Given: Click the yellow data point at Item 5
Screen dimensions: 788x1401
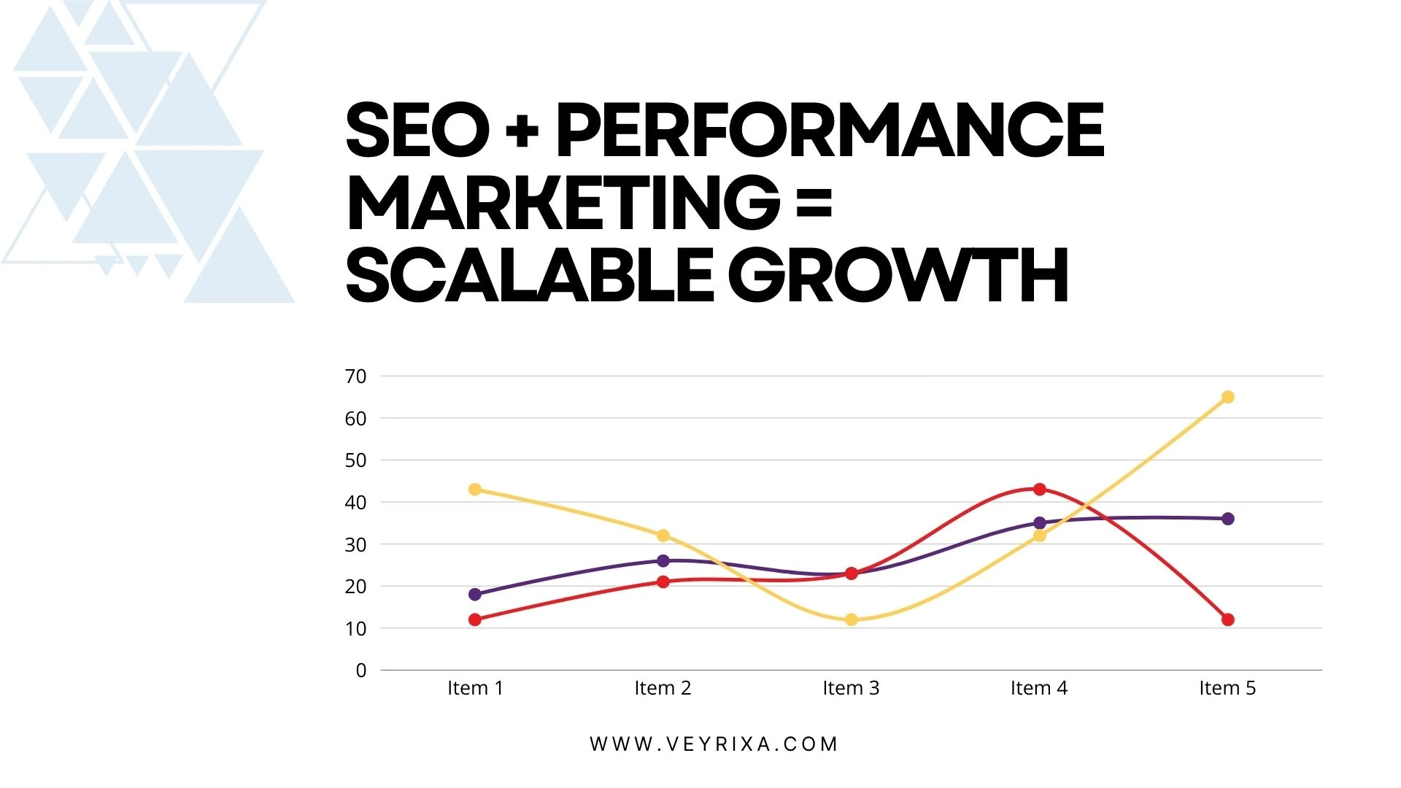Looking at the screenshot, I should [1227, 397].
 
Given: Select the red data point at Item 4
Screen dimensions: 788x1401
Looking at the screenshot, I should [1039, 489].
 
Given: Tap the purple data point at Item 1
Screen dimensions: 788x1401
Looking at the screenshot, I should [475, 595].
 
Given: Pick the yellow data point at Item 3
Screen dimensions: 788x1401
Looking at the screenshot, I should [851, 619].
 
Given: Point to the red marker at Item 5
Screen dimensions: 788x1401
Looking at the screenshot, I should [1227, 619].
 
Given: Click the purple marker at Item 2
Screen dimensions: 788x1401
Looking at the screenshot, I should [663, 560].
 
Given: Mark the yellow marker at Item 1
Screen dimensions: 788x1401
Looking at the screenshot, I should [475, 489].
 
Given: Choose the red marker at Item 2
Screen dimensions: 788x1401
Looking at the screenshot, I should [663, 582].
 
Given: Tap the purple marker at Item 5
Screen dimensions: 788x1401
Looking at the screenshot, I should [1227, 519].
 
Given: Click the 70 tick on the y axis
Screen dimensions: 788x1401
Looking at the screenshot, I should [355, 376].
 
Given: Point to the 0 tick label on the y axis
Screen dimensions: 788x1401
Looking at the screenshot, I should [360, 671].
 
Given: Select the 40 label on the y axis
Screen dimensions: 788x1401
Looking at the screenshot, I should [355, 503].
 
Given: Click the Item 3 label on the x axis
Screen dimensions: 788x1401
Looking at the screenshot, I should [851, 688].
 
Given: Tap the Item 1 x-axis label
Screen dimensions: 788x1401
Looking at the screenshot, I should [475, 688].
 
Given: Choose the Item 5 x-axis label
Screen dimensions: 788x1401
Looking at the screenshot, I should [1227, 688].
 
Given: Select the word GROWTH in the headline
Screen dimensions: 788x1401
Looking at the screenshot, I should [898, 276].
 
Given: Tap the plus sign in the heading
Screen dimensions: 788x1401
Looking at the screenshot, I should [522, 131].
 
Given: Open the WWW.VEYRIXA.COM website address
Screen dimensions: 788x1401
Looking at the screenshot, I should [714, 744].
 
